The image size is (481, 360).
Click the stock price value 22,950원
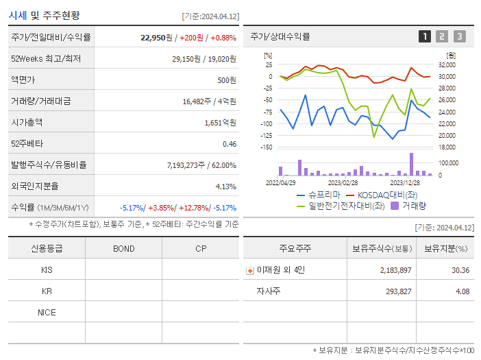[x=155, y=38]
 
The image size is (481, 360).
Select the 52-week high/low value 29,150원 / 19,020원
[x=203, y=59]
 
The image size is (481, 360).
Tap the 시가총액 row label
[x=27, y=123]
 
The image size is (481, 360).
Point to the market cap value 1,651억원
[x=220, y=123]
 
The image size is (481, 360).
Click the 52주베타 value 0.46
[x=229, y=144]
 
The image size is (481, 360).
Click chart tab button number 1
[x=425, y=37]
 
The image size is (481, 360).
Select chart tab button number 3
[x=459, y=37]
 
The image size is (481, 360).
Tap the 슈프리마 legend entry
[x=317, y=195]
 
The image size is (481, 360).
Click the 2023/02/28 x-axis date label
[x=343, y=183]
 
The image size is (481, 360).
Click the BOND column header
[x=123, y=248]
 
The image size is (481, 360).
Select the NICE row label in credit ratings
[x=47, y=312]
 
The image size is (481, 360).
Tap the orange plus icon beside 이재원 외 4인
[x=250, y=270]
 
